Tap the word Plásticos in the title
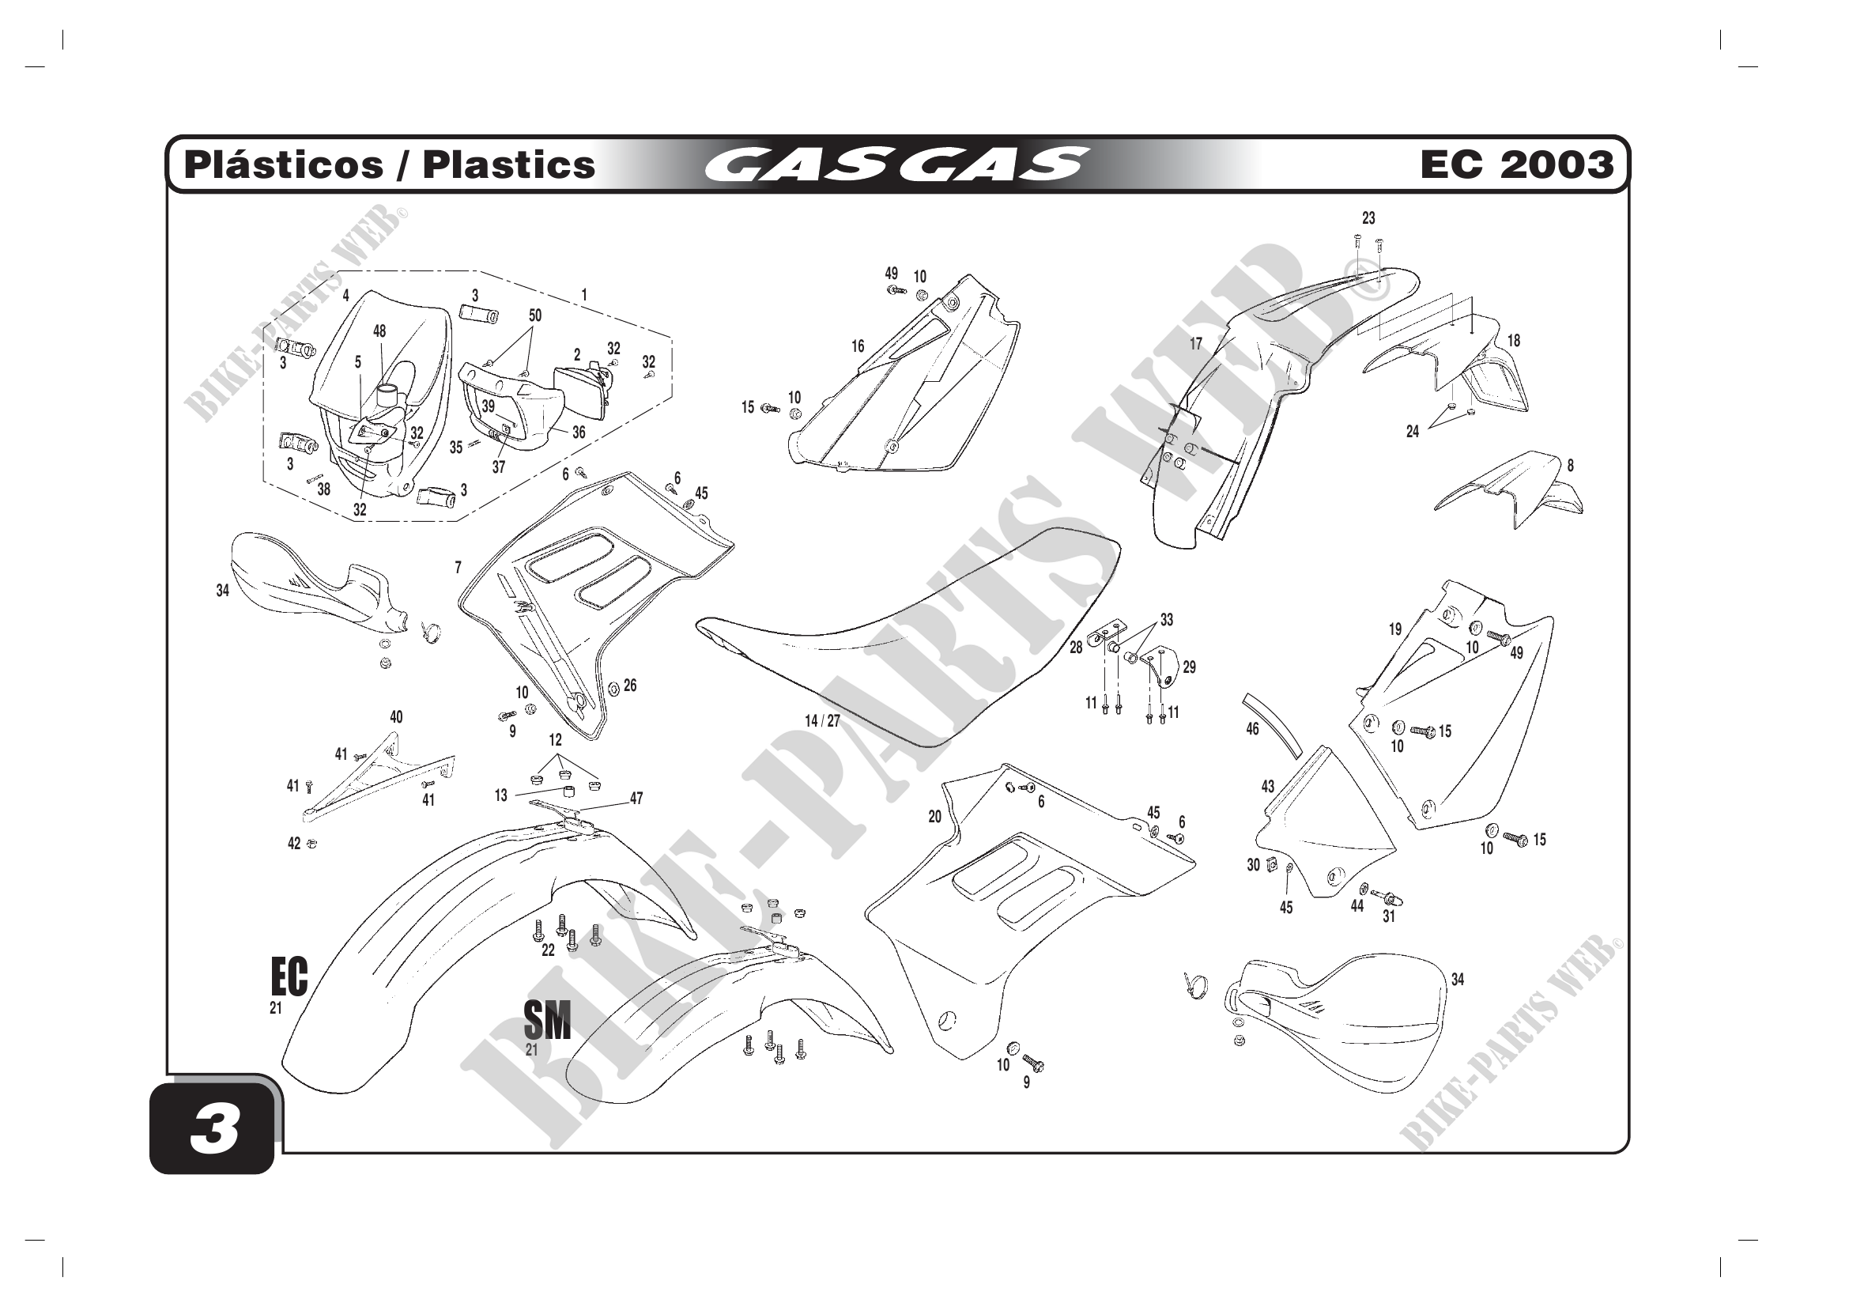point(284,164)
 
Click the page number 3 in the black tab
point(214,1128)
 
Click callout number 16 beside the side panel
point(858,346)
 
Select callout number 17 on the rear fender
point(1196,344)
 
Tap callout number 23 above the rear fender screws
point(1368,218)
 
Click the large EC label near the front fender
point(289,977)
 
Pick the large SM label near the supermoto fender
point(547,1020)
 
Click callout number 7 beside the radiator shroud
point(458,568)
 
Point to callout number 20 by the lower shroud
point(934,817)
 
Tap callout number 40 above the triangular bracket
point(396,716)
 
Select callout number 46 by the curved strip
point(1252,729)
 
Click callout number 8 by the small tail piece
point(1571,466)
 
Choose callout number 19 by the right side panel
point(1394,629)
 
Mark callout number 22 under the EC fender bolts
point(549,950)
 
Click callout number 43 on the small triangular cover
point(1267,786)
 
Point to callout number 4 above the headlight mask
point(346,296)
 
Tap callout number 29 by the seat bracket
point(1190,667)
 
